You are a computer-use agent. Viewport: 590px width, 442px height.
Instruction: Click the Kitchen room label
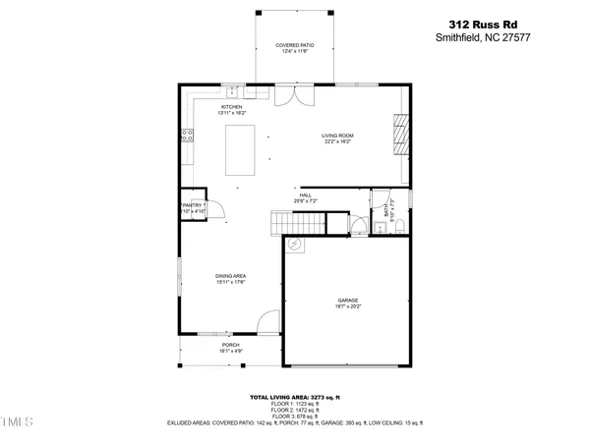232,109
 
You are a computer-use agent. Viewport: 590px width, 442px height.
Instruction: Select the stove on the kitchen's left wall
186,138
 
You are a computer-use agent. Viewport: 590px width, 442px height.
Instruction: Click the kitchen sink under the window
229,91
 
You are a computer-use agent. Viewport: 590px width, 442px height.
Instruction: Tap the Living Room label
337,138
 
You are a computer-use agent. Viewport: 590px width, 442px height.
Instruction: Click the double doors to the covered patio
293,94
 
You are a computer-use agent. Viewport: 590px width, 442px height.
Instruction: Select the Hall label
306,197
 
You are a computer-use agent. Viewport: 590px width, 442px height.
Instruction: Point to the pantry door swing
218,209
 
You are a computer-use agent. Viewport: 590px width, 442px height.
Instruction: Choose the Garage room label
347,303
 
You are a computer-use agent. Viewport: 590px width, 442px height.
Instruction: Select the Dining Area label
231,279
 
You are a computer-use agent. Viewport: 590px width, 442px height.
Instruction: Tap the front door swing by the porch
265,321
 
